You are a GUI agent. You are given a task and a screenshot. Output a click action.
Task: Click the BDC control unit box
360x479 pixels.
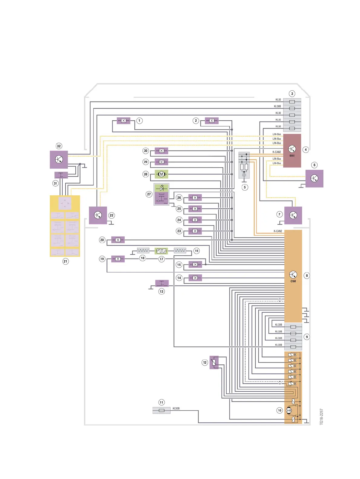[292, 151]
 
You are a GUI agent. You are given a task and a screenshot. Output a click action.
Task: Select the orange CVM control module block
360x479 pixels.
[293, 276]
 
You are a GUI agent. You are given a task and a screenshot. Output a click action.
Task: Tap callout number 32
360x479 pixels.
[59, 146]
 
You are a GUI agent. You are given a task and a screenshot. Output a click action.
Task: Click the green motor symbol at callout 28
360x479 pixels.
[161, 174]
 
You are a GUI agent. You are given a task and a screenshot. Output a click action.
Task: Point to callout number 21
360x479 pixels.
[65, 261]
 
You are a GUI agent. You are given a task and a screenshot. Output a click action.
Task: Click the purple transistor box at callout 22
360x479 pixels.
[98, 215]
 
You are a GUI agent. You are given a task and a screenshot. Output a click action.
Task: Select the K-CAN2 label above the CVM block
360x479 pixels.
[278, 231]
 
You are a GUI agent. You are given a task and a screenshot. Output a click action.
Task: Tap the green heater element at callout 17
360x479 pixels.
[161, 251]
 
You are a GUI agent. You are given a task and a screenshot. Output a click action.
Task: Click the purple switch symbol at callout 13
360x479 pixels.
[162, 283]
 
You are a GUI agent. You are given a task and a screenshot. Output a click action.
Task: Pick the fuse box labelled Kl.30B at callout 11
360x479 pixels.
[162, 410]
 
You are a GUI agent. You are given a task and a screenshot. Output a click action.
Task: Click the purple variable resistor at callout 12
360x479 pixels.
[214, 362]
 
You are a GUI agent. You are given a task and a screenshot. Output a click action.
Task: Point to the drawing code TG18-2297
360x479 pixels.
[321, 416]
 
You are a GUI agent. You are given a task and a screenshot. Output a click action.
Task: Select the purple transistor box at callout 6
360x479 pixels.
[314, 178]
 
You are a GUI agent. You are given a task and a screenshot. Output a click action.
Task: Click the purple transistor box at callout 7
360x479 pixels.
[293, 215]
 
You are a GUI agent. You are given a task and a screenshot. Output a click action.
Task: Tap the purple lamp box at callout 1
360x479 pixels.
[123, 121]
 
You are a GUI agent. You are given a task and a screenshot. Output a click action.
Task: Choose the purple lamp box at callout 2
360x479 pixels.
[212, 121]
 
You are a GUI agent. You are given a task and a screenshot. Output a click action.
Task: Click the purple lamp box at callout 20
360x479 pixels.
[118, 240]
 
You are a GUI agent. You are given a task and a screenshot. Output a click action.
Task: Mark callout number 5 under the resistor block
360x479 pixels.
[245, 187]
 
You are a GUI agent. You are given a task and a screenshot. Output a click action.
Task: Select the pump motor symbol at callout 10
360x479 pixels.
[289, 410]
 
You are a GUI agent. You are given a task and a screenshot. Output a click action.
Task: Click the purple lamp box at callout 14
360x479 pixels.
[195, 278]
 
